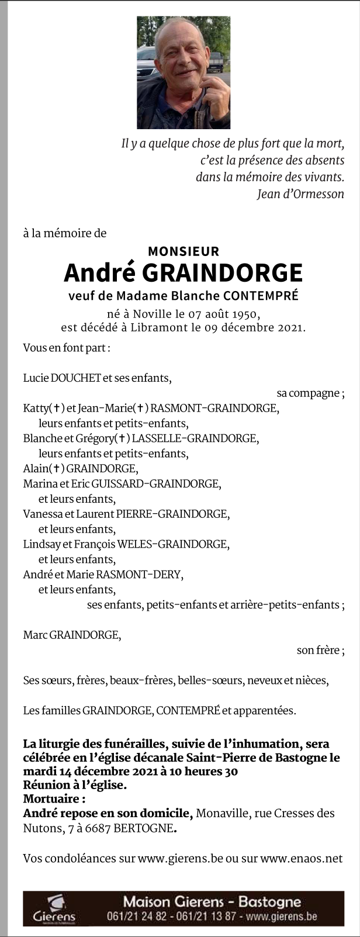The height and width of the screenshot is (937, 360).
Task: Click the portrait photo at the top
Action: tap(184, 72)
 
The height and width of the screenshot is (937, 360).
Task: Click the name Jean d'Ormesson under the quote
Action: tap(300, 194)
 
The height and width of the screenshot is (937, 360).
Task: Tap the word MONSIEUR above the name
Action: tap(184, 251)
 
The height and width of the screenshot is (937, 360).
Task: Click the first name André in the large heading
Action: tap(99, 273)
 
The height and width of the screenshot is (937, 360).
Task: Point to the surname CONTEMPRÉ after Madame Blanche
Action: tap(262, 296)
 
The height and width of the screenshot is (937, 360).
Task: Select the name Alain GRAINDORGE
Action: tap(79, 468)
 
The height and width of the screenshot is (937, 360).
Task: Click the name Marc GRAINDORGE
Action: tap(71, 635)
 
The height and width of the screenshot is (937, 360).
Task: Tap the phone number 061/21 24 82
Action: tap(136, 916)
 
